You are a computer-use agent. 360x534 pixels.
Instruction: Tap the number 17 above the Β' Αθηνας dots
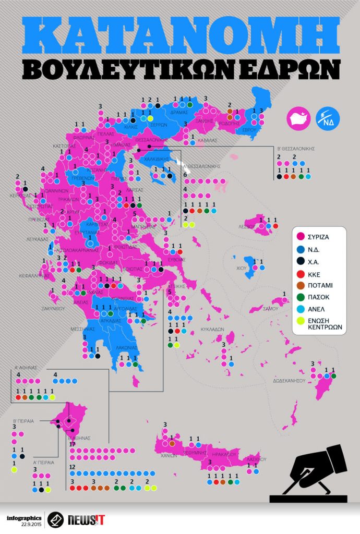pyautogui.click(x=72, y=444)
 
